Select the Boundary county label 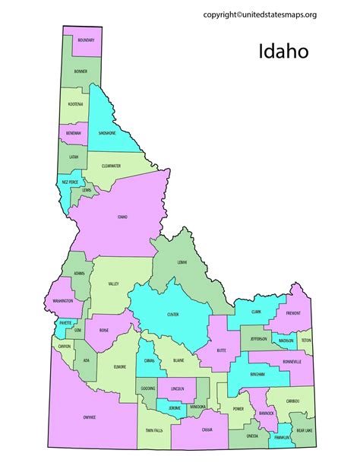[86, 40]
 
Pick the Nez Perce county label [71, 182]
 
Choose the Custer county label [172, 314]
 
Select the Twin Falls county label [153, 430]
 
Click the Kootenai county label [75, 103]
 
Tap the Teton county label [305, 341]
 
